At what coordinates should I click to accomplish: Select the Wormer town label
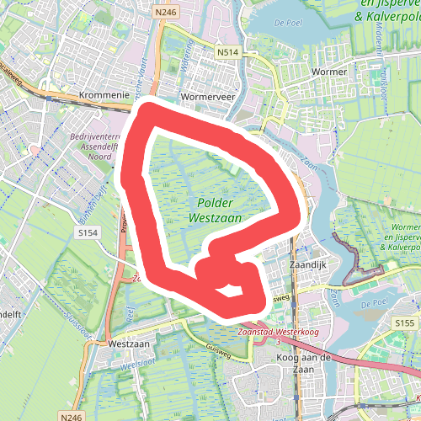(x=328, y=72)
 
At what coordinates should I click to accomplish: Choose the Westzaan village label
(x=128, y=344)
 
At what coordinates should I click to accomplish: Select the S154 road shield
(x=88, y=232)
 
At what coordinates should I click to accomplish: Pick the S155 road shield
(x=404, y=322)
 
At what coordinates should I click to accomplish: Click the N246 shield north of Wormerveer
(x=165, y=12)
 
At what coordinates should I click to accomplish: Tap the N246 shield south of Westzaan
(x=72, y=416)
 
